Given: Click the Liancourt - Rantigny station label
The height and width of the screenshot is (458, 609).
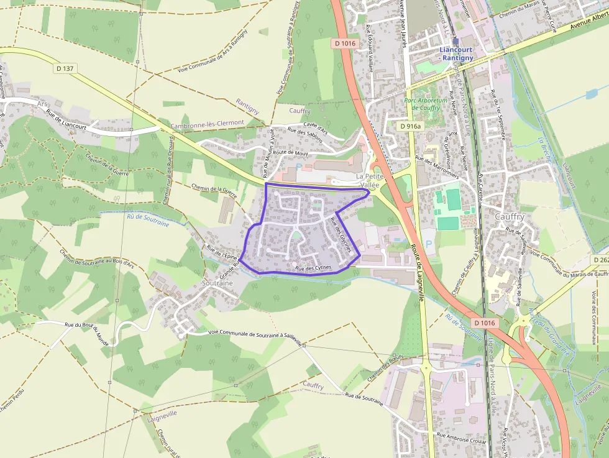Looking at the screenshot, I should pyautogui.click(x=456, y=53).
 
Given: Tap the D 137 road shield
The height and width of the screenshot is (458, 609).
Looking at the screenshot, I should pyautogui.click(x=65, y=68).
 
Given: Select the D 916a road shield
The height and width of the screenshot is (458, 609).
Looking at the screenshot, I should pyautogui.click(x=410, y=126).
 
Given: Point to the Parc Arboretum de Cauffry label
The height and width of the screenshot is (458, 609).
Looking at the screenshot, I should pyautogui.click(x=426, y=104).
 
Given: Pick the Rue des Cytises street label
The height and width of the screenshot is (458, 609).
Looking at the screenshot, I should pyautogui.click(x=318, y=268).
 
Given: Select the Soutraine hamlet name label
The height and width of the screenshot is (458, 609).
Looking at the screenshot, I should pyautogui.click(x=217, y=283).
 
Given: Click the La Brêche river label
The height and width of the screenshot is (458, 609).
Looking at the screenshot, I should pyautogui.click(x=544, y=149).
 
